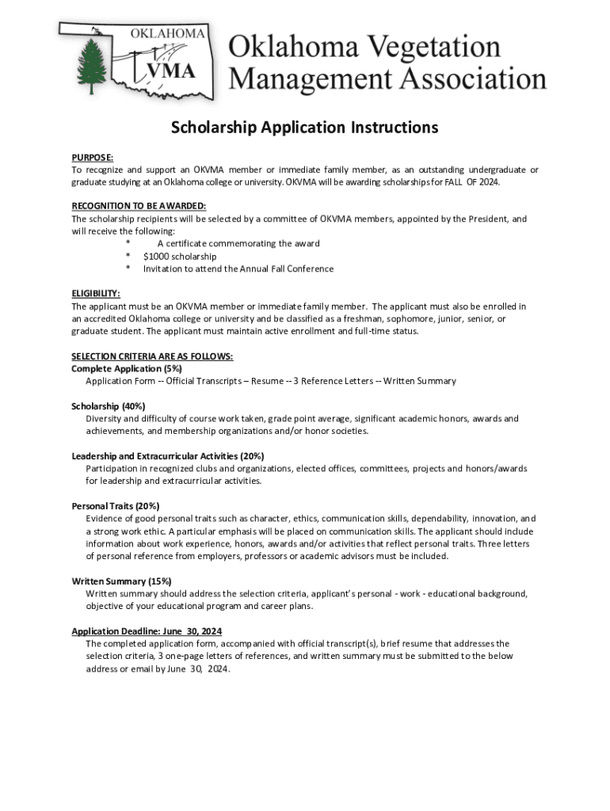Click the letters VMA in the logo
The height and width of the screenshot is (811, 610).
tap(170, 70)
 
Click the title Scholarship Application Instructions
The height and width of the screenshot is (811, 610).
tap(305, 128)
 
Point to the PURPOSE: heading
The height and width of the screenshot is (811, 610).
tap(93, 158)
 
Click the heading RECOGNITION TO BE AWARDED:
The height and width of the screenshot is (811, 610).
tap(139, 206)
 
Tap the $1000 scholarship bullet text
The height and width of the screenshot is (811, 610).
tap(180, 257)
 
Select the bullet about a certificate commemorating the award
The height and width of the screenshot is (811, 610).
tap(238, 244)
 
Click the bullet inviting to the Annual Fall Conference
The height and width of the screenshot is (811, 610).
tap(238, 269)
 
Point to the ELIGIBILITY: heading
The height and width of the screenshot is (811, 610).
tap(96, 293)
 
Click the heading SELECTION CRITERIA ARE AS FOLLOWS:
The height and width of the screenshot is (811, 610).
tap(152, 356)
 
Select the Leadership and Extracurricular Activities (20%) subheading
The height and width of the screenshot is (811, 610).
tap(168, 456)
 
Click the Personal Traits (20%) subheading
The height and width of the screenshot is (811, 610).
tap(116, 506)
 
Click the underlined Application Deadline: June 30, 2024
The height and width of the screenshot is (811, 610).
tap(147, 631)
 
